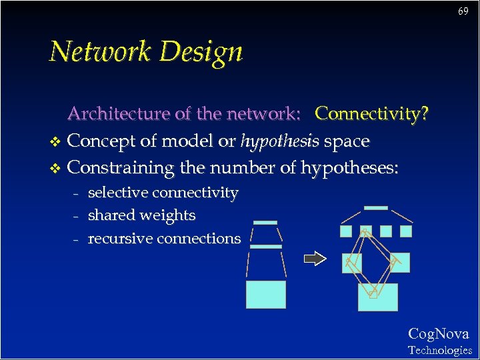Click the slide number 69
463,12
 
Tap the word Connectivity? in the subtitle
371,114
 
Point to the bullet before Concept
55,142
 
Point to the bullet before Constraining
55,168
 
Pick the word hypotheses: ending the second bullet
349,167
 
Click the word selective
117,193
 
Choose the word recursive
118,238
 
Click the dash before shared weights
76,216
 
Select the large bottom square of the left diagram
266,294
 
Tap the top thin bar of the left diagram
265,222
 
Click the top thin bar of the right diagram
376,208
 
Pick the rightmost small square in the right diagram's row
406,231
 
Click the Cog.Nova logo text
438,333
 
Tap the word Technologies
439,350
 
